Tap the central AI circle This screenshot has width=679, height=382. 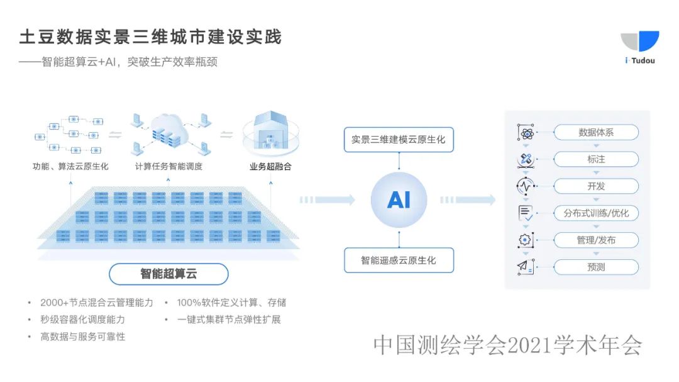[399, 199]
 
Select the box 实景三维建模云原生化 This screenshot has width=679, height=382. [399, 140]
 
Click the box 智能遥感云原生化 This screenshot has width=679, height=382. [399, 260]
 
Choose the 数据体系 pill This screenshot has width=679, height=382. [595, 133]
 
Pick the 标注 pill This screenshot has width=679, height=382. [595, 159]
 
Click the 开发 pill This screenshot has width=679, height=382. [595, 186]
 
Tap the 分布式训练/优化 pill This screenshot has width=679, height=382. [595, 213]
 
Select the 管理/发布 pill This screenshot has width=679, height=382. [595, 240]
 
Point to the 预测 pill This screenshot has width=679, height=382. [595, 267]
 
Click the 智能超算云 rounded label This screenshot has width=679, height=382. [168, 274]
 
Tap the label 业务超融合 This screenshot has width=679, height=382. [270, 167]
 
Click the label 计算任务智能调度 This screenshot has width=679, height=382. [168, 167]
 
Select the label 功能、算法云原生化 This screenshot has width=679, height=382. [70, 167]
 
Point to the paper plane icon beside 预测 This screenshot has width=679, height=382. [525, 267]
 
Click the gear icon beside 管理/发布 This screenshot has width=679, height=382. [525, 240]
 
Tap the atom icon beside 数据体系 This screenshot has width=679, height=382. [525, 133]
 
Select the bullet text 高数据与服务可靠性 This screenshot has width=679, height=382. [82, 337]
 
